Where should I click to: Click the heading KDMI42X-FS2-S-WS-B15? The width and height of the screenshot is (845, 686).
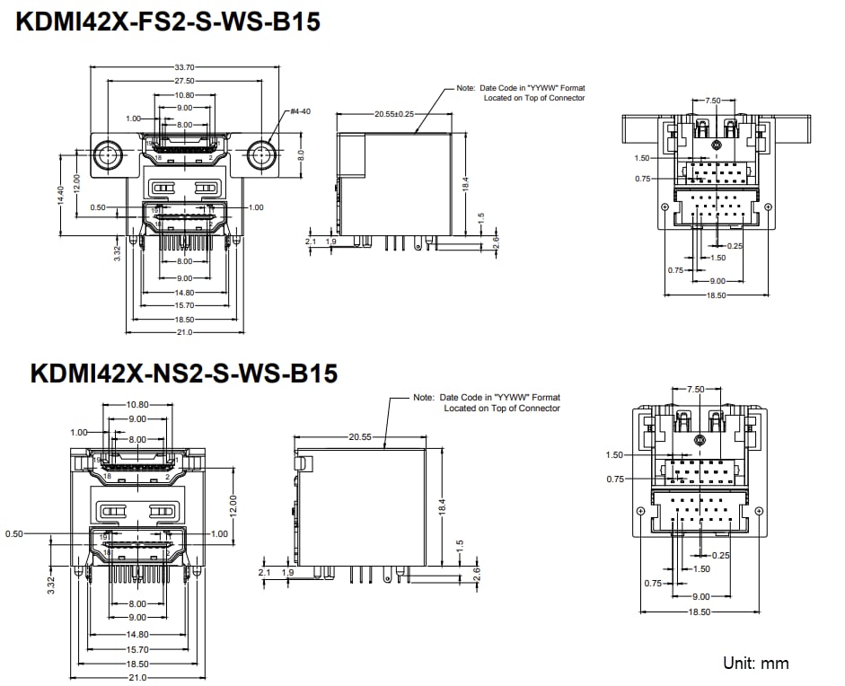[167, 22]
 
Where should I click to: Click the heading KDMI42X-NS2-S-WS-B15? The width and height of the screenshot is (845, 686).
[183, 373]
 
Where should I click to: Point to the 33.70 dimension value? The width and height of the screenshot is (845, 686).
[184, 67]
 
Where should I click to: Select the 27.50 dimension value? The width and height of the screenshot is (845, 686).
[184, 81]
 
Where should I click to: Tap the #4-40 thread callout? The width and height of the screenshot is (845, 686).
[300, 112]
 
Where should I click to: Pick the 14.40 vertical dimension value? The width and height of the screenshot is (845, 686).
[61, 196]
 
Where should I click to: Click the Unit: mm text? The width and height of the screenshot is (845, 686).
[755, 664]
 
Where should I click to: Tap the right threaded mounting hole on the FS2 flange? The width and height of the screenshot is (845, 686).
[261, 154]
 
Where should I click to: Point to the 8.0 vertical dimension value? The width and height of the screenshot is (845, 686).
[303, 154]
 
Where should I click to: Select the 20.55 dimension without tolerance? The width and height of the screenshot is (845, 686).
[362, 436]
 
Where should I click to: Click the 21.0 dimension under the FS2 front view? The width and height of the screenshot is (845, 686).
[184, 332]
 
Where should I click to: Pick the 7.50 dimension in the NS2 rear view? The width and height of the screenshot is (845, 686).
[696, 390]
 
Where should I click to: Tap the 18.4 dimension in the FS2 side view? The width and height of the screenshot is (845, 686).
[466, 184]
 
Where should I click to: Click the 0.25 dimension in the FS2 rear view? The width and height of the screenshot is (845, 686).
[735, 245]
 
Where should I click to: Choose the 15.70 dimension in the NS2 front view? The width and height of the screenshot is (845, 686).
[136, 649]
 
